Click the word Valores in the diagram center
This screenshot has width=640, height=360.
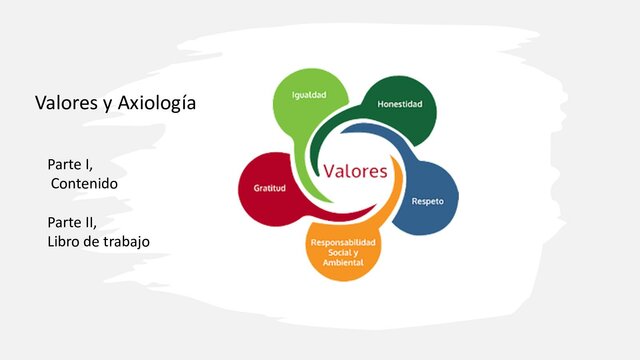[x=355, y=170]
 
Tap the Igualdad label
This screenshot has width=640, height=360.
[x=307, y=96]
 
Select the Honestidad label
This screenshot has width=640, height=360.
[x=400, y=104]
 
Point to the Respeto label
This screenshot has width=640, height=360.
[x=428, y=201]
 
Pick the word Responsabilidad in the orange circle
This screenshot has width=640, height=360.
[x=345, y=243]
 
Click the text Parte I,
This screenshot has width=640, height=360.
[x=69, y=163]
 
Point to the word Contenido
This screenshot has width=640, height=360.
[x=87, y=184]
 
